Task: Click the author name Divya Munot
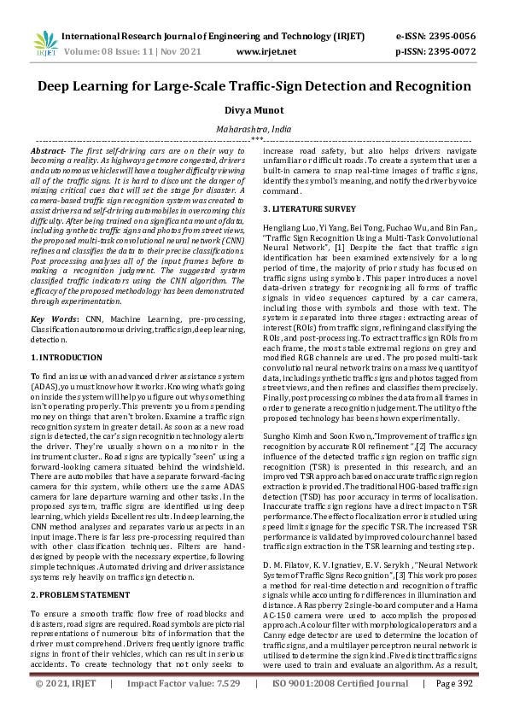[254, 110]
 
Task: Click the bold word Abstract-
[48, 149]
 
